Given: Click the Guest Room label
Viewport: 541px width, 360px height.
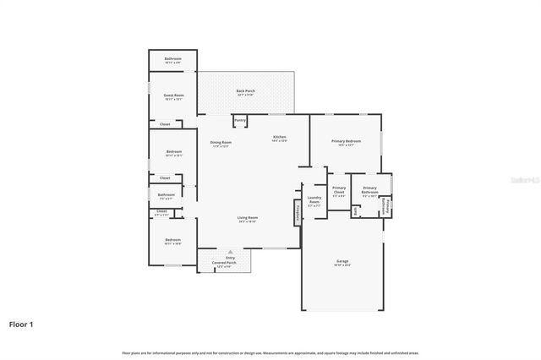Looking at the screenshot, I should (x=172, y=96).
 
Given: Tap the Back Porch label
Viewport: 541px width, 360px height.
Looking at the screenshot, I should (x=246, y=91).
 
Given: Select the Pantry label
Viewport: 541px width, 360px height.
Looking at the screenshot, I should (x=240, y=121).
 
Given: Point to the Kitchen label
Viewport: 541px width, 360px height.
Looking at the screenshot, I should (x=279, y=137).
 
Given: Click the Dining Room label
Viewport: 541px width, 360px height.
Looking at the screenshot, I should (x=221, y=142).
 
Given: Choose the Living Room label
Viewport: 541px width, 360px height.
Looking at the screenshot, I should (x=247, y=218).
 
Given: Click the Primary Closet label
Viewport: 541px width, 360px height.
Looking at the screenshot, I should (x=339, y=190).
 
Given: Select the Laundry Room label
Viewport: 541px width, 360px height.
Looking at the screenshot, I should (x=314, y=200).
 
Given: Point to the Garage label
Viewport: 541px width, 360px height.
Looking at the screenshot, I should (x=342, y=261).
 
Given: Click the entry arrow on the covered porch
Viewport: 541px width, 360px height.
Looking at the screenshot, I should (x=230, y=251).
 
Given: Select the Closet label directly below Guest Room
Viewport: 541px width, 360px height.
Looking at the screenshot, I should (x=166, y=124).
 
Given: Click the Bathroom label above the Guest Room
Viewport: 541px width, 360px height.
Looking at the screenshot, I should (x=172, y=59).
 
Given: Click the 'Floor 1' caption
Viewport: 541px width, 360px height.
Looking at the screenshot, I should (x=21, y=324).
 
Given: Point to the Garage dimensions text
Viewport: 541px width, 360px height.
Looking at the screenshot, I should (x=342, y=265).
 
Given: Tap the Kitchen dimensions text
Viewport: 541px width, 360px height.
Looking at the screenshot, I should (x=279, y=141).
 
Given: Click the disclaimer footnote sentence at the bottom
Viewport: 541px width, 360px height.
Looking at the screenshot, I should (x=270, y=352).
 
